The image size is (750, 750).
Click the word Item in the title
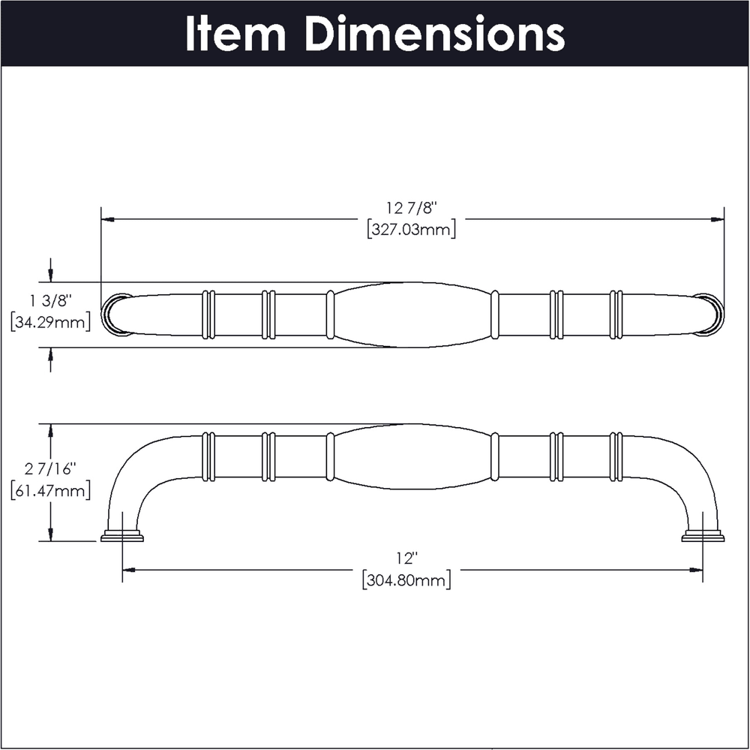[235, 34]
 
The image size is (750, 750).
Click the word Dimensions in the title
[434, 34]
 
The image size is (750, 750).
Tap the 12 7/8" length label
[412, 209]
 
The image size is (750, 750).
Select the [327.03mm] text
[411, 230]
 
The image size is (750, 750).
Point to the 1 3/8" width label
[50, 301]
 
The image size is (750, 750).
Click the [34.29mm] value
[50, 322]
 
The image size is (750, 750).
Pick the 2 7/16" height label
[50, 469]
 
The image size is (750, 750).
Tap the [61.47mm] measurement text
[50, 490]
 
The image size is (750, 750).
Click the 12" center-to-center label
[406, 558]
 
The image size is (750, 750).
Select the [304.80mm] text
[406, 580]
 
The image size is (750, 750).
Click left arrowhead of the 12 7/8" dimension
[108, 219]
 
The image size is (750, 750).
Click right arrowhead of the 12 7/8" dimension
[717, 219]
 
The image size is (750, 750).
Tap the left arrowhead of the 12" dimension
[130, 570]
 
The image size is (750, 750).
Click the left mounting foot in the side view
[122, 536]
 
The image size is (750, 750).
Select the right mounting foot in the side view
[703, 536]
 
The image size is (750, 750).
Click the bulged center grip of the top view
[412, 315]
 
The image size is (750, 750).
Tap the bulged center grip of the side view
[412, 456]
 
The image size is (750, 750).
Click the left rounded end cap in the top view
[115, 315]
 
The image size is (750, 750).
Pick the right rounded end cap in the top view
[709, 315]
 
